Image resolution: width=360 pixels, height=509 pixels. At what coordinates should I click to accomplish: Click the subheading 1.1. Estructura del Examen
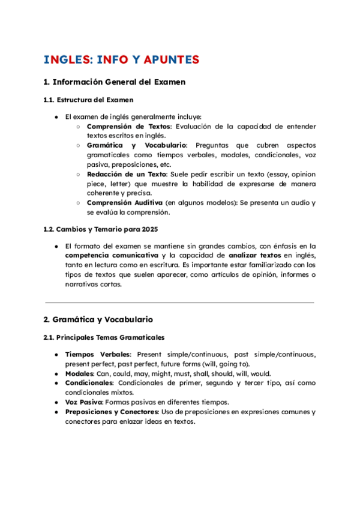pos(88,100)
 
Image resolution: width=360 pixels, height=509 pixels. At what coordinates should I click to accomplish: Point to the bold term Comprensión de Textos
pos(128,127)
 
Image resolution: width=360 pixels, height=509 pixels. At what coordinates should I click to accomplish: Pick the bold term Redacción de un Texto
pos(127,174)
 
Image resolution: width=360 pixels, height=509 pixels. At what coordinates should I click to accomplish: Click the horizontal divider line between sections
pos(180,303)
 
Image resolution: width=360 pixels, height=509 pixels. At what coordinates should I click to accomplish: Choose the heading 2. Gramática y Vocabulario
pos(98,320)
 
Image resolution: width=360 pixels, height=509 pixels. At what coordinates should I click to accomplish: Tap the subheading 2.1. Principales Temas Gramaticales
pos(104,338)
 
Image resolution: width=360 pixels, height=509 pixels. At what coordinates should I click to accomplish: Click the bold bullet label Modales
pos(79,373)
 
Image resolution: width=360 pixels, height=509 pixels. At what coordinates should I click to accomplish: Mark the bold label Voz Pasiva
pos(84,402)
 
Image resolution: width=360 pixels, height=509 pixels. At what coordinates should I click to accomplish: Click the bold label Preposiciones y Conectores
pos(112,412)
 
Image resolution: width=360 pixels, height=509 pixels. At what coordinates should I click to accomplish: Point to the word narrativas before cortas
pos(82,285)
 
